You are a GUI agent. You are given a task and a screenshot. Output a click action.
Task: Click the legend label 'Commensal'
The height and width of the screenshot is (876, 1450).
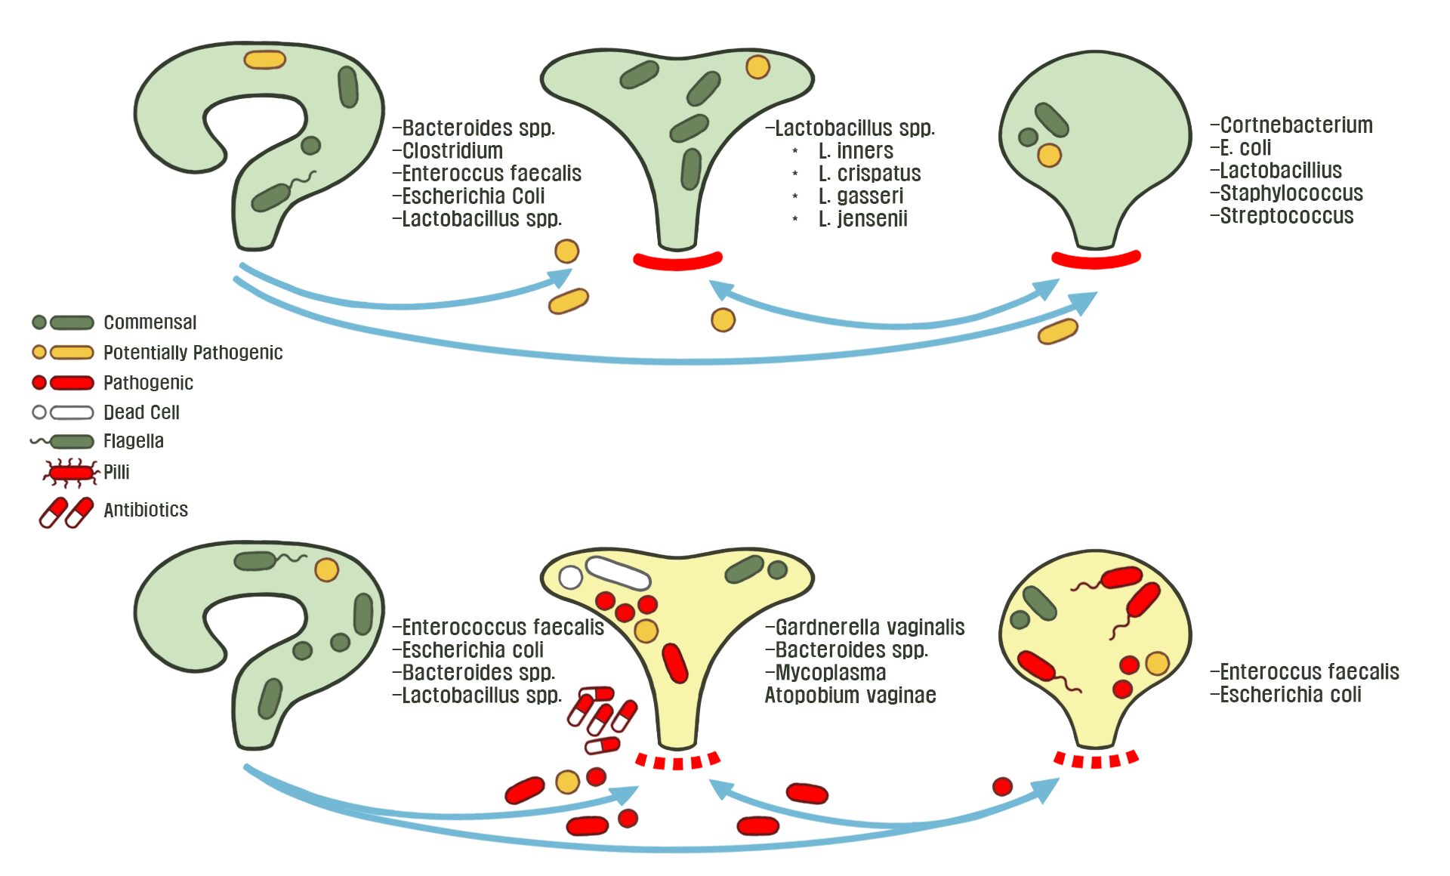click(150, 322)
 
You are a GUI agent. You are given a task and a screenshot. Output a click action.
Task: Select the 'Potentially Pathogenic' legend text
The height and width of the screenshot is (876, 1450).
click(193, 353)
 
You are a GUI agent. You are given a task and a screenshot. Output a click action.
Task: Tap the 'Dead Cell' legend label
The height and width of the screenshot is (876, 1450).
click(141, 412)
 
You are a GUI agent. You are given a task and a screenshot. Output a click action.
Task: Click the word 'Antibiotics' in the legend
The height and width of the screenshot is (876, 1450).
click(146, 510)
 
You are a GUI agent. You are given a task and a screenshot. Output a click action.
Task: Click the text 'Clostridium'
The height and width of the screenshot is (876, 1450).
click(452, 151)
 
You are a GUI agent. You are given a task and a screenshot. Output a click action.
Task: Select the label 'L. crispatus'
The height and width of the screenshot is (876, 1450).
click(869, 174)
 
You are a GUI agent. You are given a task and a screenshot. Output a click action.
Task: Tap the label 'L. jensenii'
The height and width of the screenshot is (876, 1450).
click(862, 219)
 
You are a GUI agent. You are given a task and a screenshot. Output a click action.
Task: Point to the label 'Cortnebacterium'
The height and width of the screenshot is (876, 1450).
click(1296, 125)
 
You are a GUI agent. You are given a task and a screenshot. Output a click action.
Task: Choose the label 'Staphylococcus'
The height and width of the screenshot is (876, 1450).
click(1291, 193)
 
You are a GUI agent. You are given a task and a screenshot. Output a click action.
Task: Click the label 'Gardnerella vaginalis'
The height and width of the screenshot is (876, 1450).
click(869, 628)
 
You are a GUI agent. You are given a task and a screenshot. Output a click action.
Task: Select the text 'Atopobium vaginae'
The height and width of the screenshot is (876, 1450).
click(850, 696)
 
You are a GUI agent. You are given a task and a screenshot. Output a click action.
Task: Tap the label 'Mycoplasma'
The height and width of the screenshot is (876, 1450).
click(830, 673)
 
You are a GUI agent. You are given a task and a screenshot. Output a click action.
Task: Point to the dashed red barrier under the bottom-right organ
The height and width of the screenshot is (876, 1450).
click(1096, 760)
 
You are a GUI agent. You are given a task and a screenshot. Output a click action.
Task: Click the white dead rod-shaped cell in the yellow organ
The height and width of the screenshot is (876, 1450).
click(618, 573)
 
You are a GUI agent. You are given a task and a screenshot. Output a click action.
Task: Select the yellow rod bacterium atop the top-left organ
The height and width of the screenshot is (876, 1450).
click(264, 60)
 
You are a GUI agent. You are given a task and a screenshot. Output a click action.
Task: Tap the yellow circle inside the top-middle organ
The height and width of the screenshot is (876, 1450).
click(757, 66)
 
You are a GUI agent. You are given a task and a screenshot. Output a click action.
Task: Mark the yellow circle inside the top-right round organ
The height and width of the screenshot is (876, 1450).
click(1049, 156)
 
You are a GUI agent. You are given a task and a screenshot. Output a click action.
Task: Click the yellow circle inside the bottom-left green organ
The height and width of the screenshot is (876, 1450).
click(326, 569)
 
